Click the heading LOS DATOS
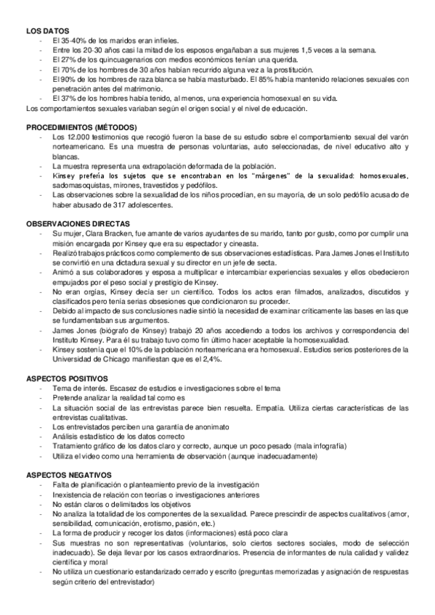46,31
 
